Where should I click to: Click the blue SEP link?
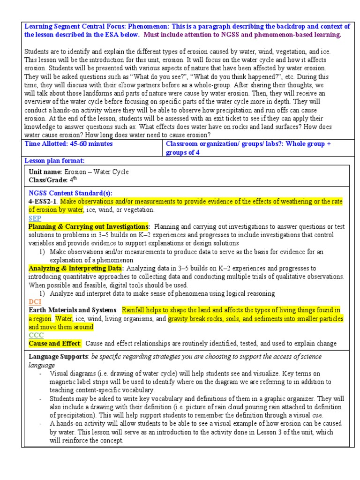pos(35,218)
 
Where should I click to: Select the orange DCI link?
pos(36,302)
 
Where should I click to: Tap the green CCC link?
pos(36,335)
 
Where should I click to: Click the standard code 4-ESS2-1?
pos(43,202)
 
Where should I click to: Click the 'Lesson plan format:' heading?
pos(54,161)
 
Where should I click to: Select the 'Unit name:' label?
pos(45,172)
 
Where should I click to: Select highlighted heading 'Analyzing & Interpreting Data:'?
pos(76,269)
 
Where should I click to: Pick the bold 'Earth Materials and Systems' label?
pos(73,310)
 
